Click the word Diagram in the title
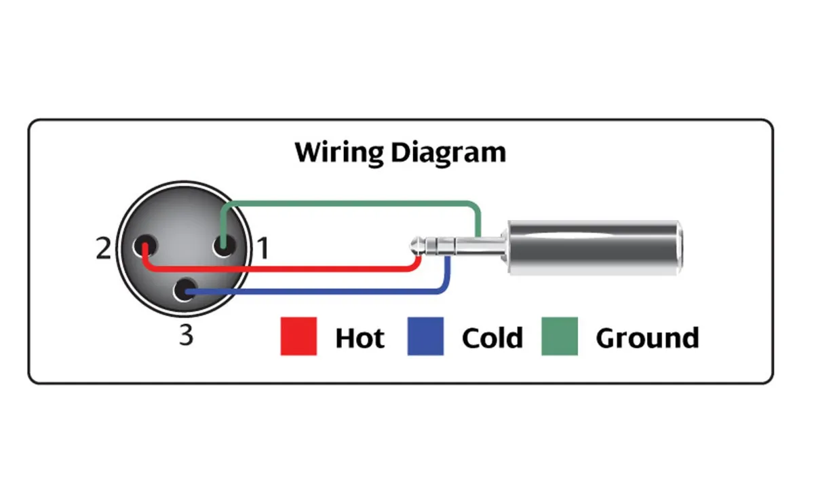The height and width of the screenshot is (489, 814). coord(448,152)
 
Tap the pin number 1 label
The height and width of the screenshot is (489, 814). coord(262,249)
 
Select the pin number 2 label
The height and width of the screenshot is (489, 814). coord(102,249)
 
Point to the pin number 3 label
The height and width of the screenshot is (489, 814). coord(186,335)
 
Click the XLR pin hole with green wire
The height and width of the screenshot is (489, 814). coord(223,245)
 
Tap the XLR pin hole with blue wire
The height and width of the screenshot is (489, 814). coord(184,291)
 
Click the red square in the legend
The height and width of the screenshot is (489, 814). coord(298,336)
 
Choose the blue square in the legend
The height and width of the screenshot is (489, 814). coord(425,336)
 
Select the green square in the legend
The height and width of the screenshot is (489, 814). coord(559,336)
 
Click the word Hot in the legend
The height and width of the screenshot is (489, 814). coord(360,338)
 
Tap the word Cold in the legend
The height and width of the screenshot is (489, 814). coord(492,338)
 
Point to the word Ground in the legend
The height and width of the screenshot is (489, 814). coord(647,338)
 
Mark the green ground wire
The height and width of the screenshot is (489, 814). coord(353,203)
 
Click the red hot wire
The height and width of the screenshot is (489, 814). coord(285,269)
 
